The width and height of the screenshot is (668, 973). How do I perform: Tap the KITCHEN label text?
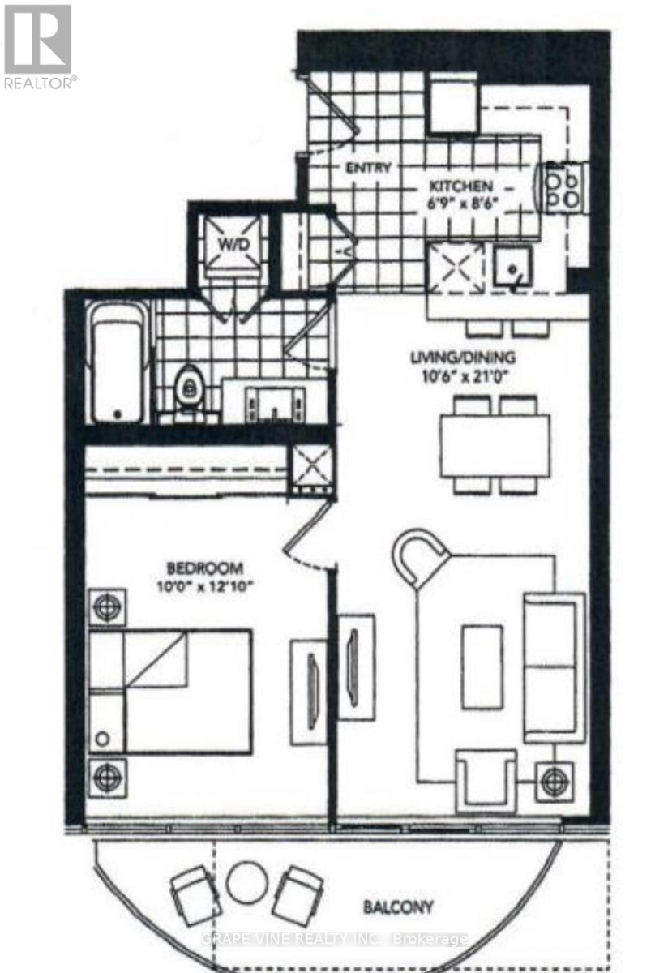[460, 186]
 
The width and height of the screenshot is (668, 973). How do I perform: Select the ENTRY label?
[368, 169]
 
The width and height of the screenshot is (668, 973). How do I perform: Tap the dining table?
[495, 444]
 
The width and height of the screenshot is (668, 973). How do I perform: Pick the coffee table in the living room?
[482, 667]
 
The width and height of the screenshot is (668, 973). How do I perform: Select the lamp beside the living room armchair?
[555, 781]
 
